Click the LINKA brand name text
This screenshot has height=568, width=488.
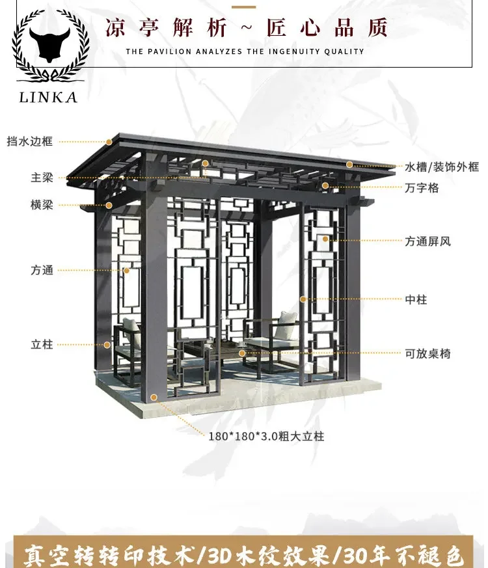coord(49,97)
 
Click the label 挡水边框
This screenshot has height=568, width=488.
coord(29,141)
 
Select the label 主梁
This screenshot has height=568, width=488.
coord(42,178)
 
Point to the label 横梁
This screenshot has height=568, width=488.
coord(42,205)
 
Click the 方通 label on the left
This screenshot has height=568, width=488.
coord(42,269)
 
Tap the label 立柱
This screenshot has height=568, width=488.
coord(42,344)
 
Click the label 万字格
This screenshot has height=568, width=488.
coord(422,188)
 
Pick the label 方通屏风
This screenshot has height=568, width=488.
coord(427,241)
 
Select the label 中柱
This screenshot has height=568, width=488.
coord(416,300)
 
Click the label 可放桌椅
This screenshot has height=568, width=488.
coord(427,354)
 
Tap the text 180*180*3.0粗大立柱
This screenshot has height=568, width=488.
coord(267,436)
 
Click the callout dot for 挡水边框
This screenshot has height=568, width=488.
coord(109,141)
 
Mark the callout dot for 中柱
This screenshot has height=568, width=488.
coord(303,299)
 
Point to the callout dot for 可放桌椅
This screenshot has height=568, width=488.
coord(242,353)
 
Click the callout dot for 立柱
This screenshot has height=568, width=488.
coord(108,345)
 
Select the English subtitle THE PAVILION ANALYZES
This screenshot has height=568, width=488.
coord(245,51)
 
